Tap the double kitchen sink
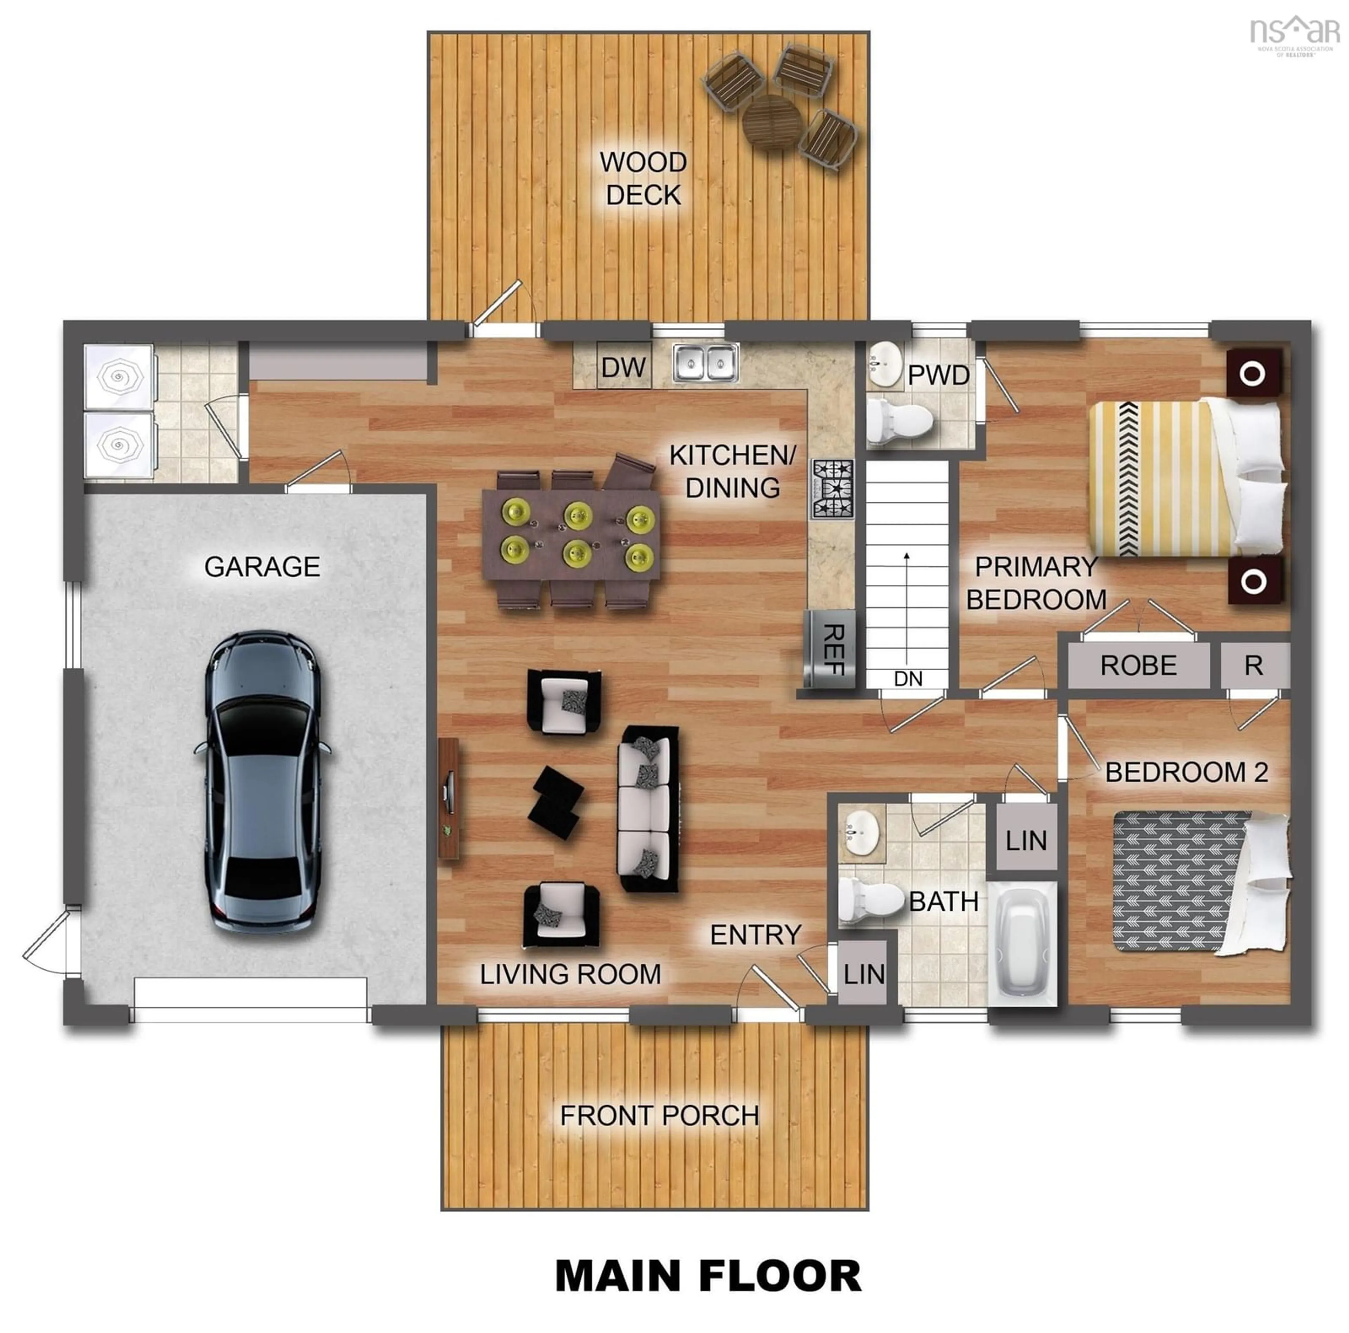click(x=705, y=362)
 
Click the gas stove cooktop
click(x=832, y=489)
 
